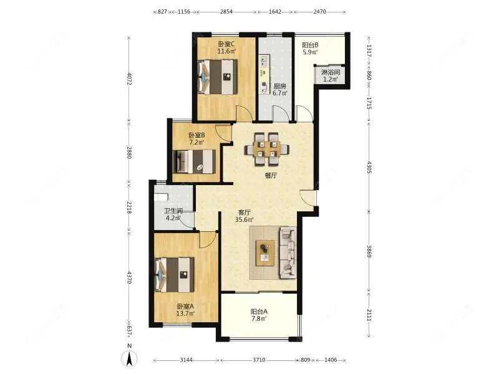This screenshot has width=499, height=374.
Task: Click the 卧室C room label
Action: [x=226, y=44]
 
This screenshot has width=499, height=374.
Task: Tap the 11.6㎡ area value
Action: [x=226, y=51]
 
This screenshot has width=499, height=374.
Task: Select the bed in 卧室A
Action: [x=175, y=275]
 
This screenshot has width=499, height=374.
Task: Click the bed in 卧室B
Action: [x=194, y=161]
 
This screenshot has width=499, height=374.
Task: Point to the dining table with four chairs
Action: [x=267, y=149]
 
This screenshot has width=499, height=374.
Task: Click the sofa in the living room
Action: [x=288, y=253]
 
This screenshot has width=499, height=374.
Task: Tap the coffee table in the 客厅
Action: [x=266, y=253]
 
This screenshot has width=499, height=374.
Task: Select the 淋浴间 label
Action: [x=331, y=72]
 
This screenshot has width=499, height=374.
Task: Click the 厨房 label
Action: [x=280, y=86]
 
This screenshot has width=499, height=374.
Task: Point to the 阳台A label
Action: [x=259, y=312]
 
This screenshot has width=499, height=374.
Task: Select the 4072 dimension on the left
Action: [x=130, y=79]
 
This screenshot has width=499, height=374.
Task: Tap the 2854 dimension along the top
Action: [x=226, y=12]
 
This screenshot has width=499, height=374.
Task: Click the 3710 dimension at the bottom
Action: [x=259, y=360]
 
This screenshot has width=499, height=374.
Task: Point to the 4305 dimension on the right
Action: [x=369, y=167]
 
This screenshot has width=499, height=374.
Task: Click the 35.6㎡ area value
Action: [x=245, y=219]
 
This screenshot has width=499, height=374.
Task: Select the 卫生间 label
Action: [x=173, y=211]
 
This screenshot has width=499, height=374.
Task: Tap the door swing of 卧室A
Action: [x=208, y=240]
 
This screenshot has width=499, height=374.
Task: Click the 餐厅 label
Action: [x=271, y=175]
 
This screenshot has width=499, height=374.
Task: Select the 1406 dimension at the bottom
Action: [x=331, y=360]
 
